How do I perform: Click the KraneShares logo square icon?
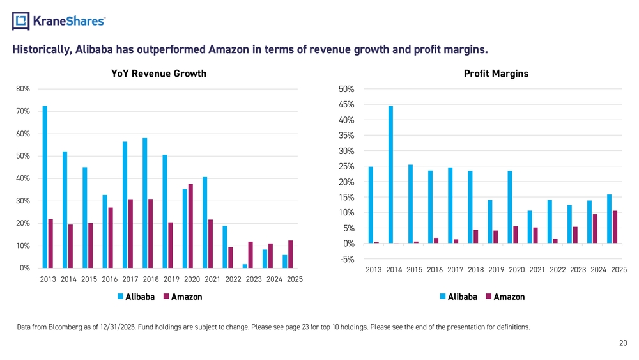click(21, 21)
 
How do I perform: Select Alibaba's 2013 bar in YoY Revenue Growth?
click(45, 187)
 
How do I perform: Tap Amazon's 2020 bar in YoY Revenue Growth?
click(190, 226)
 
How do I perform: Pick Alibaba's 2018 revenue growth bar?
click(144, 203)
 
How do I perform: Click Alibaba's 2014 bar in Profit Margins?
click(391, 175)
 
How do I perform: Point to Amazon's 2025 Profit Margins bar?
click(615, 227)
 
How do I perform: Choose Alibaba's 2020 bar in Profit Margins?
click(510, 207)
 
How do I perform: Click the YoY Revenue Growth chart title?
click(159, 74)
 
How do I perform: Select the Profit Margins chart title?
click(496, 74)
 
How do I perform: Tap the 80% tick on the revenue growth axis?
click(23, 89)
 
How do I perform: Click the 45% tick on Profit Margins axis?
click(346, 105)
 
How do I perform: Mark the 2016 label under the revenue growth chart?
click(110, 279)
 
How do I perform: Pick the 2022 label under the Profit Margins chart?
click(557, 270)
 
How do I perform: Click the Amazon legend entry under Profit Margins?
click(505, 297)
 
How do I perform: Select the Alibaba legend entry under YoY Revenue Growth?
click(136, 297)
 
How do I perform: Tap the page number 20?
click(623, 343)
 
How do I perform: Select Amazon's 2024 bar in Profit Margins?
click(595, 229)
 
